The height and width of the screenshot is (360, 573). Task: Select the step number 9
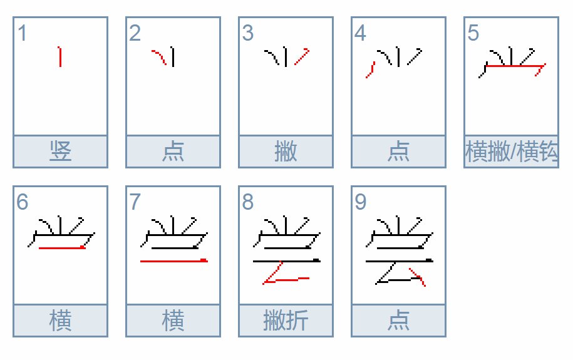click(360, 202)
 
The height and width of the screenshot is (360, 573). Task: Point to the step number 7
click(135, 202)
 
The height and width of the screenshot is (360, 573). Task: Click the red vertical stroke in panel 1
click(60, 56)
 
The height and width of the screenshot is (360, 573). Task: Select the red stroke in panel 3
click(302, 57)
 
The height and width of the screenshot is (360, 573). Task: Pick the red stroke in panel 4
click(370, 69)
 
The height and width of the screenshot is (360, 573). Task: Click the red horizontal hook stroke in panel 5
click(514, 65)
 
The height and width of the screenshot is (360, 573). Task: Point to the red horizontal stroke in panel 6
click(61, 248)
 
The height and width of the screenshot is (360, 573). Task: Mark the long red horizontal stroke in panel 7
click(173, 260)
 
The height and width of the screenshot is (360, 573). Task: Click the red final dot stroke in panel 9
click(418, 276)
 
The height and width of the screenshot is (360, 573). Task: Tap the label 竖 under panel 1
click(60, 152)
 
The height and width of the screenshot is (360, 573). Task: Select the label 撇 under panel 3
click(286, 152)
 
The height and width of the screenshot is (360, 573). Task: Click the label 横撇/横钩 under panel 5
click(511, 152)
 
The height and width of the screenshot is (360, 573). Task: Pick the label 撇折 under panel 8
click(286, 321)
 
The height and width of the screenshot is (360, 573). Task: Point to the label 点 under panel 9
click(398, 321)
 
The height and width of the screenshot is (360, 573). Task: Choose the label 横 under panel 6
click(60, 321)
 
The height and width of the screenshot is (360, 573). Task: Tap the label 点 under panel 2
click(173, 152)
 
